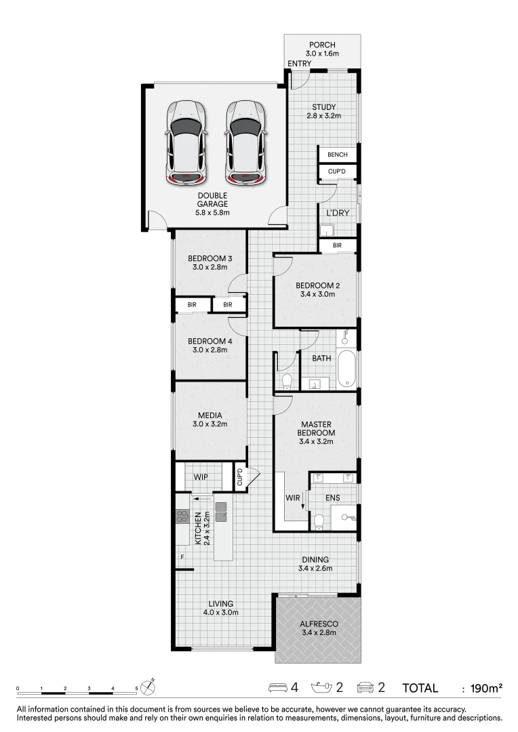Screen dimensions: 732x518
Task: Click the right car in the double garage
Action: [x=245, y=142]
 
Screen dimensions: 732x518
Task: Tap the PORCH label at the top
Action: [x=322, y=45]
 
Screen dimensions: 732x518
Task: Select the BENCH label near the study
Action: [x=337, y=155]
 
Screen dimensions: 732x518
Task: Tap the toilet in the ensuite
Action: [x=319, y=521]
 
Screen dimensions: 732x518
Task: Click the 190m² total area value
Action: [x=486, y=688]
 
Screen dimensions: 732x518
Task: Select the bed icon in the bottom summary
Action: [x=279, y=687]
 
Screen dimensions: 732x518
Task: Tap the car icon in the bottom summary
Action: [x=365, y=687]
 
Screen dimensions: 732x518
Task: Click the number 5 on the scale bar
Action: [x=136, y=689]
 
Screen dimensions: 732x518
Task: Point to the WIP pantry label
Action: [x=201, y=477]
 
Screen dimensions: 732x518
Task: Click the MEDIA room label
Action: [x=210, y=415]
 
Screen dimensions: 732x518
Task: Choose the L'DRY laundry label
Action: [x=338, y=213]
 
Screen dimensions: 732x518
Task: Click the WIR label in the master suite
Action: [x=293, y=498]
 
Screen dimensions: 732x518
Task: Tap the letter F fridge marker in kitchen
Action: [x=181, y=557]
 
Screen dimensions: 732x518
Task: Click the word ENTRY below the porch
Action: [x=300, y=64]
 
